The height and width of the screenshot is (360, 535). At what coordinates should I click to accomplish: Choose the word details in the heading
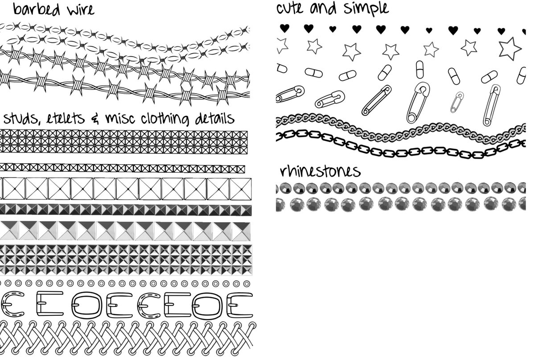(214, 119)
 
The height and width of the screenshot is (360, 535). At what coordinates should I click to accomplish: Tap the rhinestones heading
(320, 171)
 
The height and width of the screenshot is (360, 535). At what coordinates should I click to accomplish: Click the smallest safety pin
(457, 102)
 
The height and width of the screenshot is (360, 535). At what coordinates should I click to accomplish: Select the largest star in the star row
(510, 48)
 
